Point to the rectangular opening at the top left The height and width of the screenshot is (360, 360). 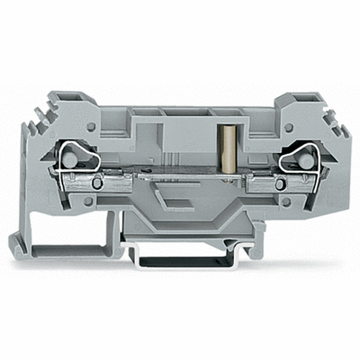[64, 94]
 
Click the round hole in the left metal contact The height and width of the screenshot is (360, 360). [80, 184]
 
